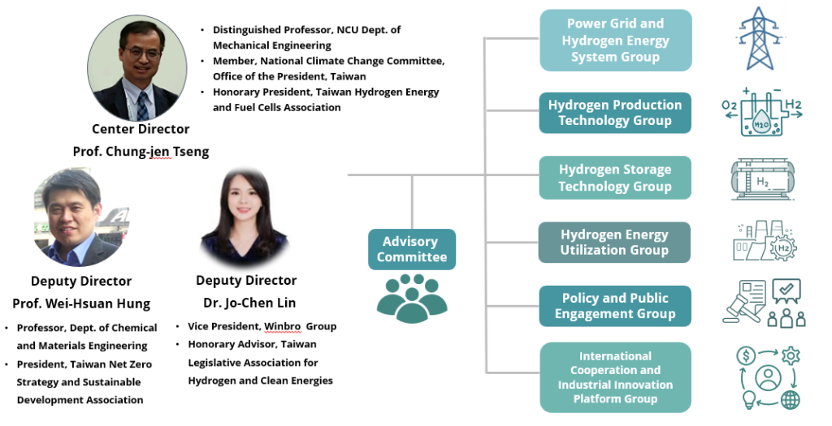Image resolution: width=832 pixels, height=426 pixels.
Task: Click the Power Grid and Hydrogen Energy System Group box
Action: (615, 41)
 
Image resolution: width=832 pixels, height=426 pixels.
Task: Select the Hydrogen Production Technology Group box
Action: (615, 113)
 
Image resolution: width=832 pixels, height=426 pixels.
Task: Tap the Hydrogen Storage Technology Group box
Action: (615, 178)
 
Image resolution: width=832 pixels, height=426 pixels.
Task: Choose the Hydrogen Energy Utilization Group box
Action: (615, 243)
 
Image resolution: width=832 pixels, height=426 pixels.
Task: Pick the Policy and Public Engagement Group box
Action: (615, 306)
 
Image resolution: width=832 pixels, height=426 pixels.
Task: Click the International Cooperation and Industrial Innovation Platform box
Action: (615, 377)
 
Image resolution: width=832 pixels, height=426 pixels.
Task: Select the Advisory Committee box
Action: (411, 249)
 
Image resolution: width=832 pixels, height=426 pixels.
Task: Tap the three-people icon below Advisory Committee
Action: (411, 298)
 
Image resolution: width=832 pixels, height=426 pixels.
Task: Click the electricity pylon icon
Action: (760, 38)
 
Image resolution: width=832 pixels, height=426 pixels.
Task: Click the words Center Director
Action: (141, 129)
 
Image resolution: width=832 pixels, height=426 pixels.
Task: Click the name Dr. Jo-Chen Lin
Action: (247, 303)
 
